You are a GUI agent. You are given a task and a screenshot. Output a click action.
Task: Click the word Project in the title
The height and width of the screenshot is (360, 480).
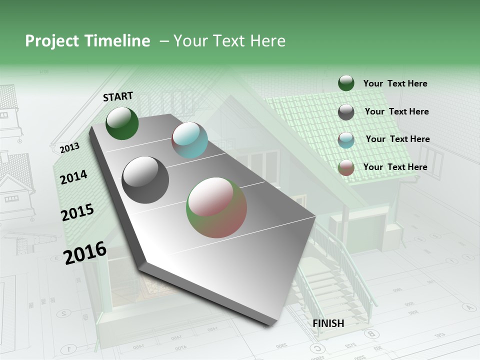coord(49,41)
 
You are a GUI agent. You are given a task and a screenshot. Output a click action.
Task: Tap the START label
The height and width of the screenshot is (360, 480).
coord(118,96)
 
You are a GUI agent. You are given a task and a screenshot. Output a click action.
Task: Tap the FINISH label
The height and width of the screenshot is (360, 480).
coord(328,323)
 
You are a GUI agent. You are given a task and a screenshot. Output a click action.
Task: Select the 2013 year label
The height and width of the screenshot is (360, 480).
coord(69,148)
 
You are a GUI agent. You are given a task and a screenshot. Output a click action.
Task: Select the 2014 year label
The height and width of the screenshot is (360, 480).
coord(73,177)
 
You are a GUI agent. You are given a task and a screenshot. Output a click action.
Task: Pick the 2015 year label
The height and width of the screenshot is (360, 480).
coord(77,212)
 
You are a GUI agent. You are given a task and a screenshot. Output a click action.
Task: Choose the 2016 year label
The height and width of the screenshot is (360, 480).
coord(85,252)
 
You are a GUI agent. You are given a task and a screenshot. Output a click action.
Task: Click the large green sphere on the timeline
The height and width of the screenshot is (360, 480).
coord(122,123)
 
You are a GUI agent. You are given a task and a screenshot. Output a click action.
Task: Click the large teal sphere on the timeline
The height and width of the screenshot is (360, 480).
coord(189,140)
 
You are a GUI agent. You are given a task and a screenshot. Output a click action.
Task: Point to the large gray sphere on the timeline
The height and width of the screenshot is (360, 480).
coord(145,180)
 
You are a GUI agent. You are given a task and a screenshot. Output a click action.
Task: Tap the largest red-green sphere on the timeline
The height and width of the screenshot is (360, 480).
coord(216,207)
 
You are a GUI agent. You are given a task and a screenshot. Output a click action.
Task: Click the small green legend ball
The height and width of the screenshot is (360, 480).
coord(346,83)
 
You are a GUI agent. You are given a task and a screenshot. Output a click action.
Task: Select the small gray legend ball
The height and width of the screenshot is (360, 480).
coord(346,112)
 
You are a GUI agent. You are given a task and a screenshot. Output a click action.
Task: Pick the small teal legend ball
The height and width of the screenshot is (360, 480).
coord(346,140)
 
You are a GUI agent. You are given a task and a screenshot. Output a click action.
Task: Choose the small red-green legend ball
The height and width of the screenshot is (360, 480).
coord(346,167)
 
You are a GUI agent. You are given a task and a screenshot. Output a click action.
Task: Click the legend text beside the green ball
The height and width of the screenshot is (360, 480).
coord(395,83)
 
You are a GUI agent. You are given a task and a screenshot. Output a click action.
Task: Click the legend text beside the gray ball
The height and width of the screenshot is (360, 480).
coord(396,111)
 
